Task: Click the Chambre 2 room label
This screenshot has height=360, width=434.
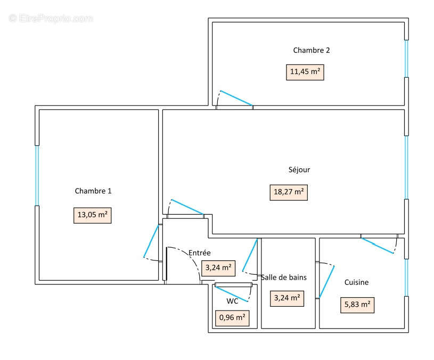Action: tap(312, 51)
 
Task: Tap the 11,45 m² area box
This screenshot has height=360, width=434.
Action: tap(305, 71)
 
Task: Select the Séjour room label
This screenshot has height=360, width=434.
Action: tap(299, 170)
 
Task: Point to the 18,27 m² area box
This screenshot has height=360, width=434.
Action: tap(289, 192)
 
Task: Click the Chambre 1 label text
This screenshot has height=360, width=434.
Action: tap(93, 191)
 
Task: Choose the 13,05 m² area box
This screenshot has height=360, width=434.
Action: tap(92, 215)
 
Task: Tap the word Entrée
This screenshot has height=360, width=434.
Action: tap(200, 253)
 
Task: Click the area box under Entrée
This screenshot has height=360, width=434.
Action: tap(218, 268)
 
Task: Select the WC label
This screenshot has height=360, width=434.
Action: tap(232, 301)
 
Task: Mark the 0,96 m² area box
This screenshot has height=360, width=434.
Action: tap(232, 318)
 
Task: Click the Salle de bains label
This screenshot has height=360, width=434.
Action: tap(284, 277)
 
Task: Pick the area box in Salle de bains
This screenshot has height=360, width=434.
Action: tap(287, 298)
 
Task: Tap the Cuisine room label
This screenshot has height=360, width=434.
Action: tap(356, 282)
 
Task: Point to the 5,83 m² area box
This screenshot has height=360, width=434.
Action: tap(357, 305)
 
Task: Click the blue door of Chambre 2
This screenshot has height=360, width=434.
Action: tap(236, 98)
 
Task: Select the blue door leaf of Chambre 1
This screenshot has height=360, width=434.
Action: tap(151, 241)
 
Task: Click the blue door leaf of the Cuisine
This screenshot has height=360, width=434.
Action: tap(378, 246)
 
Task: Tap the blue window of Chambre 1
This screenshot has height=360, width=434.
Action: tap(37, 175)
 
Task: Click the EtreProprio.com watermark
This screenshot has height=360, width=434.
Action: tap(51, 18)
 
